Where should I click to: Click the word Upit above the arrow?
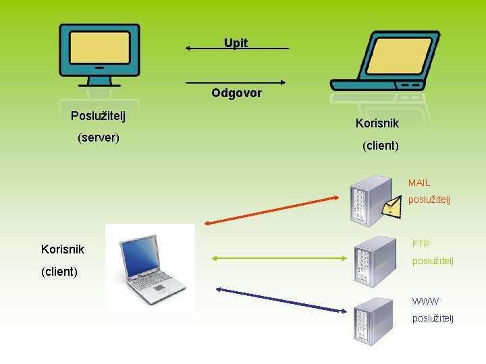(x=236, y=43)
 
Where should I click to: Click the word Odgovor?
(x=236, y=93)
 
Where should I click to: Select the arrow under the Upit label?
(x=237, y=49)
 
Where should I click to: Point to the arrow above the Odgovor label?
(x=236, y=83)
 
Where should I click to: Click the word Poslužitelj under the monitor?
(x=99, y=116)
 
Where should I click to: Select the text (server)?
(x=99, y=138)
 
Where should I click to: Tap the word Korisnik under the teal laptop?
(x=377, y=123)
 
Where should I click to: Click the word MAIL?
(x=418, y=183)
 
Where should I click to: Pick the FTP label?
(x=421, y=243)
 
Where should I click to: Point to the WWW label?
(x=425, y=301)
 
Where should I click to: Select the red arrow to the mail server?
(x=270, y=210)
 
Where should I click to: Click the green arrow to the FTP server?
(x=279, y=257)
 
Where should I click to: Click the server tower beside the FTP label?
(x=374, y=262)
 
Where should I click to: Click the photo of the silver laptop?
(x=150, y=268)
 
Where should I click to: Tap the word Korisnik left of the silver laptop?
(x=63, y=249)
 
